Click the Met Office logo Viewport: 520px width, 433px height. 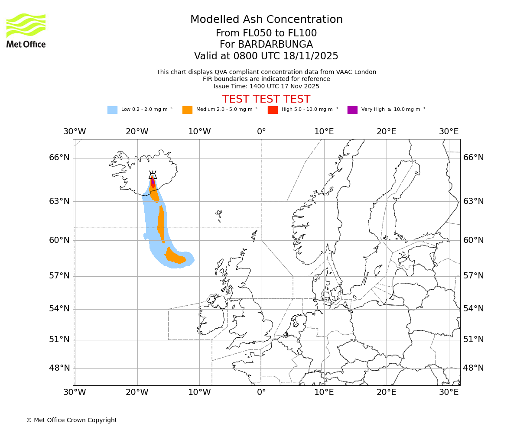[26, 31]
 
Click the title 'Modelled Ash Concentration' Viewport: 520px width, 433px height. [266, 20]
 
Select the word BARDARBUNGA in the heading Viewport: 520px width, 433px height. [275, 45]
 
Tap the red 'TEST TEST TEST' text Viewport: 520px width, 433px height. [266, 99]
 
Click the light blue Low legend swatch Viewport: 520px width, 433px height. [112, 110]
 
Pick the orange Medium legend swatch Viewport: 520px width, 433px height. [187, 110]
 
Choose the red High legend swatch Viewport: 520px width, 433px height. [273, 110]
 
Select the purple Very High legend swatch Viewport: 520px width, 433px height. [352, 110]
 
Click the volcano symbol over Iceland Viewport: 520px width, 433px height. [153, 175]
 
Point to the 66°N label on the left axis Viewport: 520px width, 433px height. [59, 158]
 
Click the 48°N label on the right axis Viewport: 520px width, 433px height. [473, 368]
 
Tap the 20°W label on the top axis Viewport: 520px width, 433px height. [137, 132]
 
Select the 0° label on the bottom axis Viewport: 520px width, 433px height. [261, 392]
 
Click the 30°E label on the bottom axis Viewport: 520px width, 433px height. [448, 392]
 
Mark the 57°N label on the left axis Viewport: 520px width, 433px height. [59, 276]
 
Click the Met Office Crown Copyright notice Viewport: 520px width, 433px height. [71, 420]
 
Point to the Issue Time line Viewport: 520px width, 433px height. [266, 86]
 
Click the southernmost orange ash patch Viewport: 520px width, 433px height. [175, 257]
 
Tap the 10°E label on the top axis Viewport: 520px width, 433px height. [324, 132]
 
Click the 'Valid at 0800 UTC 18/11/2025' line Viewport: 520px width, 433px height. [266, 56]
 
